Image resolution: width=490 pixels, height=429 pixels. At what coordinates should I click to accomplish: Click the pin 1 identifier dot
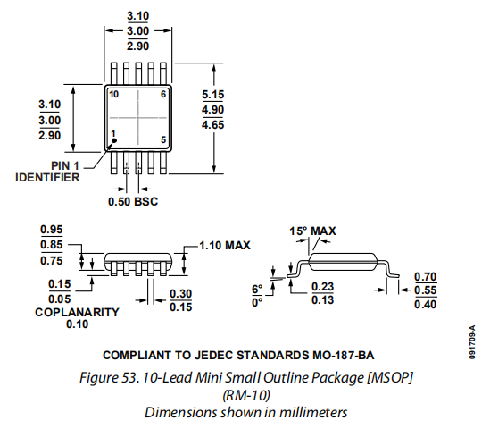point(114,140)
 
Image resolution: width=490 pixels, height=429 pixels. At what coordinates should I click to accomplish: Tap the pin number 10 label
point(113,94)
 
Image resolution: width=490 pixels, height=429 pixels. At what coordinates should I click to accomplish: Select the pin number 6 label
point(163,94)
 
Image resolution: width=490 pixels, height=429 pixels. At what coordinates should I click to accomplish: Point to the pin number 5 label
point(163,139)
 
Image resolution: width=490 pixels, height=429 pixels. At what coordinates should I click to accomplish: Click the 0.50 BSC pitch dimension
point(133,201)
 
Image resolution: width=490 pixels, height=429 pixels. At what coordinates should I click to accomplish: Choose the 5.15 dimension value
point(212,95)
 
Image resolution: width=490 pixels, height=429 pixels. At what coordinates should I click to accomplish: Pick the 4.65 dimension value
point(212,125)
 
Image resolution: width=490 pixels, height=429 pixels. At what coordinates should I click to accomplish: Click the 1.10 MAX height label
point(225,245)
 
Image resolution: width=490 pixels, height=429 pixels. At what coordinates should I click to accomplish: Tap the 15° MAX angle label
point(312,231)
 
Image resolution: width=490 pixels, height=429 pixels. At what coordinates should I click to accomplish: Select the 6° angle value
point(257,289)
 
